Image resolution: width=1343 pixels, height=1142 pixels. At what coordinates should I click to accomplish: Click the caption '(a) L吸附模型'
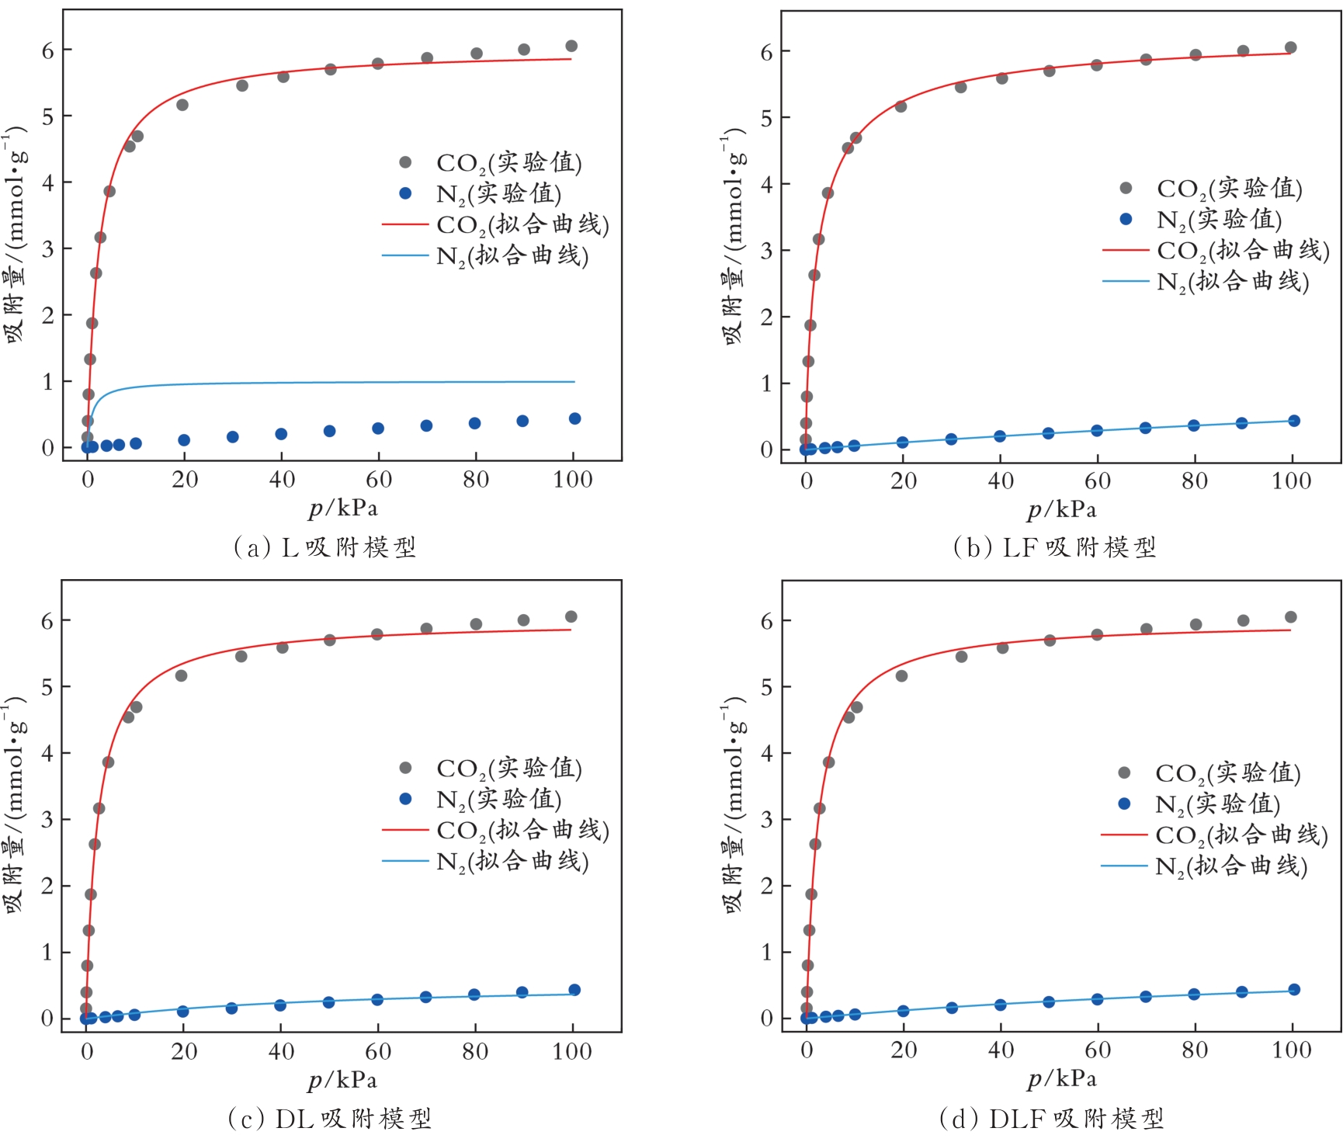click(x=325, y=547)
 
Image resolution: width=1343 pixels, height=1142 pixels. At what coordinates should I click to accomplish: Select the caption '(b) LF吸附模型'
click(x=1054, y=547)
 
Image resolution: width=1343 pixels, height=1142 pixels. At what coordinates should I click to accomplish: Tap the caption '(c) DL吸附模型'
click(x=329, y=1119)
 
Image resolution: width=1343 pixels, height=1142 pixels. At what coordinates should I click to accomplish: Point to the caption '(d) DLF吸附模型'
click(x=1052, y=1119)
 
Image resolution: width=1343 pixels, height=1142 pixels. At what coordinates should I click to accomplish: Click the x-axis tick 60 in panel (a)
click(x=379, y=480)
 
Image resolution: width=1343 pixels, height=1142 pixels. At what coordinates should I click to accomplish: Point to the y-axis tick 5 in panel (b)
click(x=767, y=118)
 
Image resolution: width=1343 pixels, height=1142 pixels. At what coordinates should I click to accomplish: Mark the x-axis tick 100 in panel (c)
click(x=572, y=1052)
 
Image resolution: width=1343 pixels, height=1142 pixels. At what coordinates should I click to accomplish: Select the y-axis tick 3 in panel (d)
click(x=767, y=820)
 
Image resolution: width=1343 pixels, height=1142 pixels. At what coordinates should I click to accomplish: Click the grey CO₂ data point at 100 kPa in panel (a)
click(x=571, y=46)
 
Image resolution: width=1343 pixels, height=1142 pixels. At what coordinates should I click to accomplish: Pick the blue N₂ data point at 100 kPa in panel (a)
click(x=574, y=418)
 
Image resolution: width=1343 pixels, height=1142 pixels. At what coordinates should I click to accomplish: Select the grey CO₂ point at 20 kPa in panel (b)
click(x=901, y=106)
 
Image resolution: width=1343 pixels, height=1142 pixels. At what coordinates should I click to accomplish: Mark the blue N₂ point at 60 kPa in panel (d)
click(x=1097, y=999)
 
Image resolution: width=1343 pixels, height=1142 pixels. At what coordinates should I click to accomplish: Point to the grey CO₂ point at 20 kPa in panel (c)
click(x=181, y=675)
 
